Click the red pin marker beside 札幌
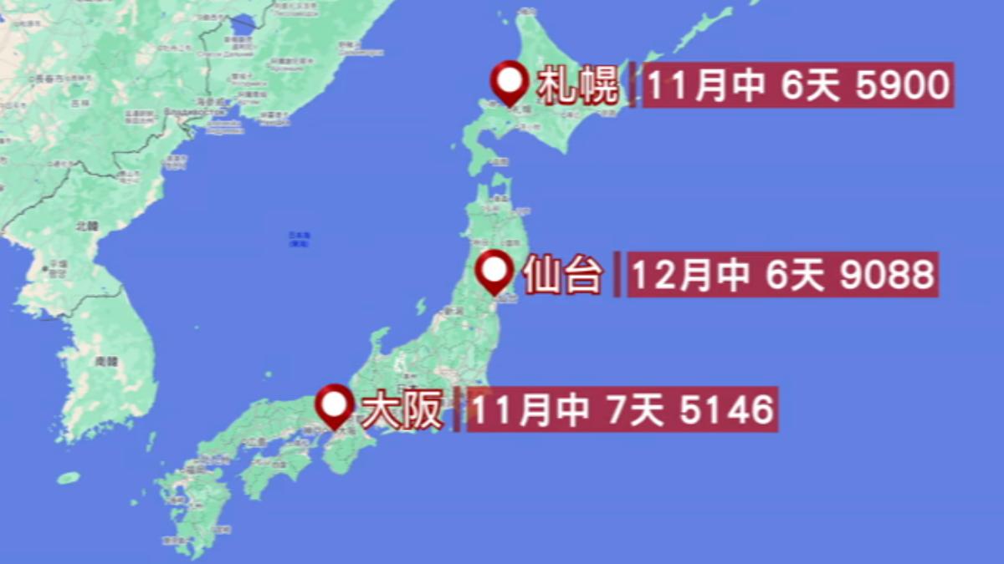[510, 81]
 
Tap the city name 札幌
[578, 85]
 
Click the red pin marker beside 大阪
[336, 405]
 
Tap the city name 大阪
[402, 409]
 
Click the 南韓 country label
[106, 362]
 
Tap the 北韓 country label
[87, 226]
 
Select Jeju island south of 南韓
[69, 478]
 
